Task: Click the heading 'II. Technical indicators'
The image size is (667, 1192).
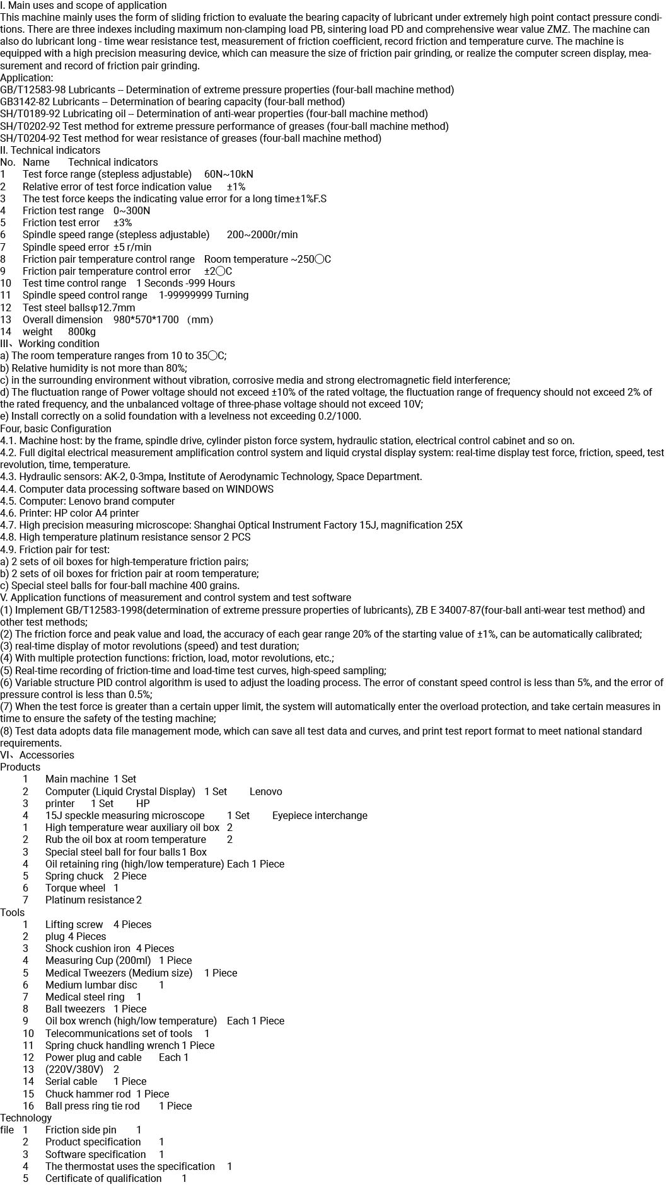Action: point(50,151)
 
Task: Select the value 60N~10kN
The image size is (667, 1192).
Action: point(228,175)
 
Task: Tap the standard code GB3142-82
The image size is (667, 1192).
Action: point(25,102)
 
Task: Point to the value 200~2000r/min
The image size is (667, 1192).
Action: point(262,235)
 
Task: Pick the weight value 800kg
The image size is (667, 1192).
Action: point(82,332)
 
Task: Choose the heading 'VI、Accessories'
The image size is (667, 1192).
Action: point(37,755)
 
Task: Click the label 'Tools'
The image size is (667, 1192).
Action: point(13,913)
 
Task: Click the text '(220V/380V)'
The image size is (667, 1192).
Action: point(74,1070)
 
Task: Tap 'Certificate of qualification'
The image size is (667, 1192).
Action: point(103,1179)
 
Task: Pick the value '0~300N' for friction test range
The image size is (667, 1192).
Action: point(132,211)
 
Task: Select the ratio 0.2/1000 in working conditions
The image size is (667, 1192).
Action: point(336,416)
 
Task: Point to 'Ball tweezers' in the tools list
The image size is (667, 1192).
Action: point(75,1009)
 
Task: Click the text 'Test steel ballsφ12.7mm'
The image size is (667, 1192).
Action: point(79,308)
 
